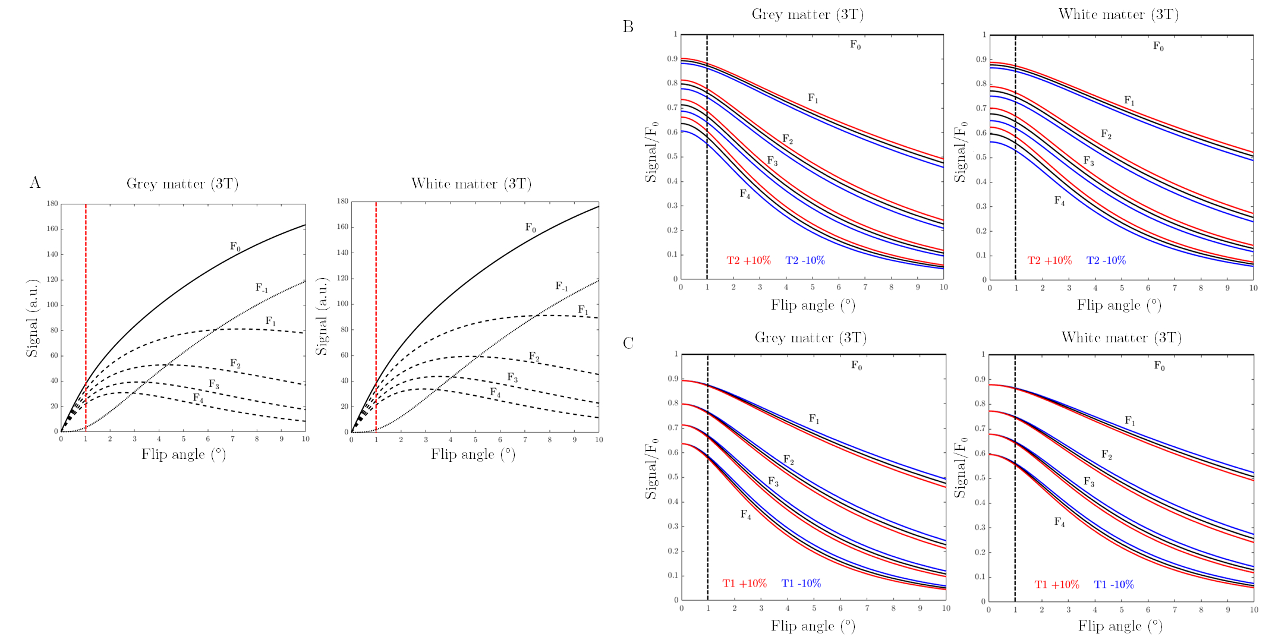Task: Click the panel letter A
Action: pos(35,182)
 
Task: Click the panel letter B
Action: pos(628,27)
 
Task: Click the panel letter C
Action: pos(628,343)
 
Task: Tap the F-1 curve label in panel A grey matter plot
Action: pos(262,288)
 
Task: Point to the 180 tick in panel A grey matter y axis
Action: pos(52,204)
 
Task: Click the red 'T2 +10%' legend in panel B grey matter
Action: pos(748,260)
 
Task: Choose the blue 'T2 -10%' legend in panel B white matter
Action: pos(1106,260)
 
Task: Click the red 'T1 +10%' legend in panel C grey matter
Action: pos(744,584)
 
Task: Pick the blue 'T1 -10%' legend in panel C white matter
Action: pos(1113,585)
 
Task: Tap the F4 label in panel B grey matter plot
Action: pos(745,194)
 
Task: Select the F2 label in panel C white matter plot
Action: pos(1106,455)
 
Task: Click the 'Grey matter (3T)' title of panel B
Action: pos(807,14)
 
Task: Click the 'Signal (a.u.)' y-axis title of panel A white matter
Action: pos(322,317)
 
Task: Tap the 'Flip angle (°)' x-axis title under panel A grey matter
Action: pos(183,455)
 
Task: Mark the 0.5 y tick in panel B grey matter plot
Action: pos(672,157)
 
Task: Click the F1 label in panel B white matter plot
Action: pos(1129,101)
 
